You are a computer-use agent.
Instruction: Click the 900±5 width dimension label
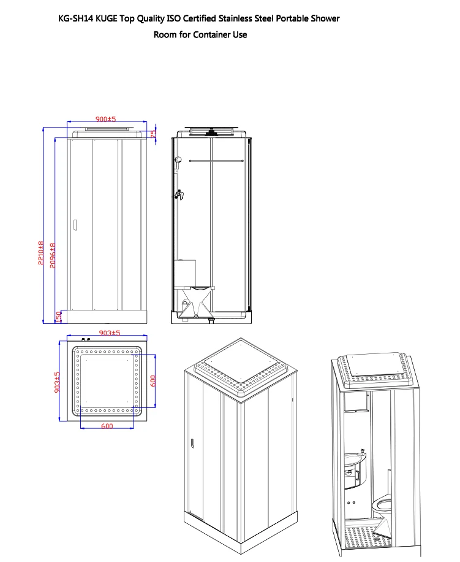(x=105, y=119)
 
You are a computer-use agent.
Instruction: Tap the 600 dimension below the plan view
(x=107, y=426)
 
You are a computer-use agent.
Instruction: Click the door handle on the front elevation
(x=75, y=225)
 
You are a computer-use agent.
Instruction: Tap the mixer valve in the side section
(x=179, y=195)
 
